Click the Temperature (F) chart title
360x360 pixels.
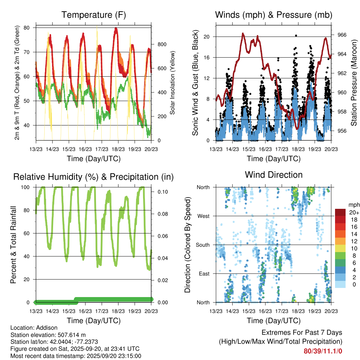[94, 15]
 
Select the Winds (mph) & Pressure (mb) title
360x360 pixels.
[274, 15]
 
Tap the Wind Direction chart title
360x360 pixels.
[274, 175]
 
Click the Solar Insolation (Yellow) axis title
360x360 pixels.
[173, 83]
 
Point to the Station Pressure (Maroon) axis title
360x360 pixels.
[354, 83]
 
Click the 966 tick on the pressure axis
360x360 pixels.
[342, 35]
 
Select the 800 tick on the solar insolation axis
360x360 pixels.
[162, 44]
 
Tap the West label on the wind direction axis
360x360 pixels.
[203, 216]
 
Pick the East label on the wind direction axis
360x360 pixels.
[204, 274]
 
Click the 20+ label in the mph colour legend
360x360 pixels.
[354, 212]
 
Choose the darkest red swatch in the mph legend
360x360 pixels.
[340, 212]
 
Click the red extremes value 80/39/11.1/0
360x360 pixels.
[323, 351]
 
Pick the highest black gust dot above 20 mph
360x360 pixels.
[296, 36]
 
